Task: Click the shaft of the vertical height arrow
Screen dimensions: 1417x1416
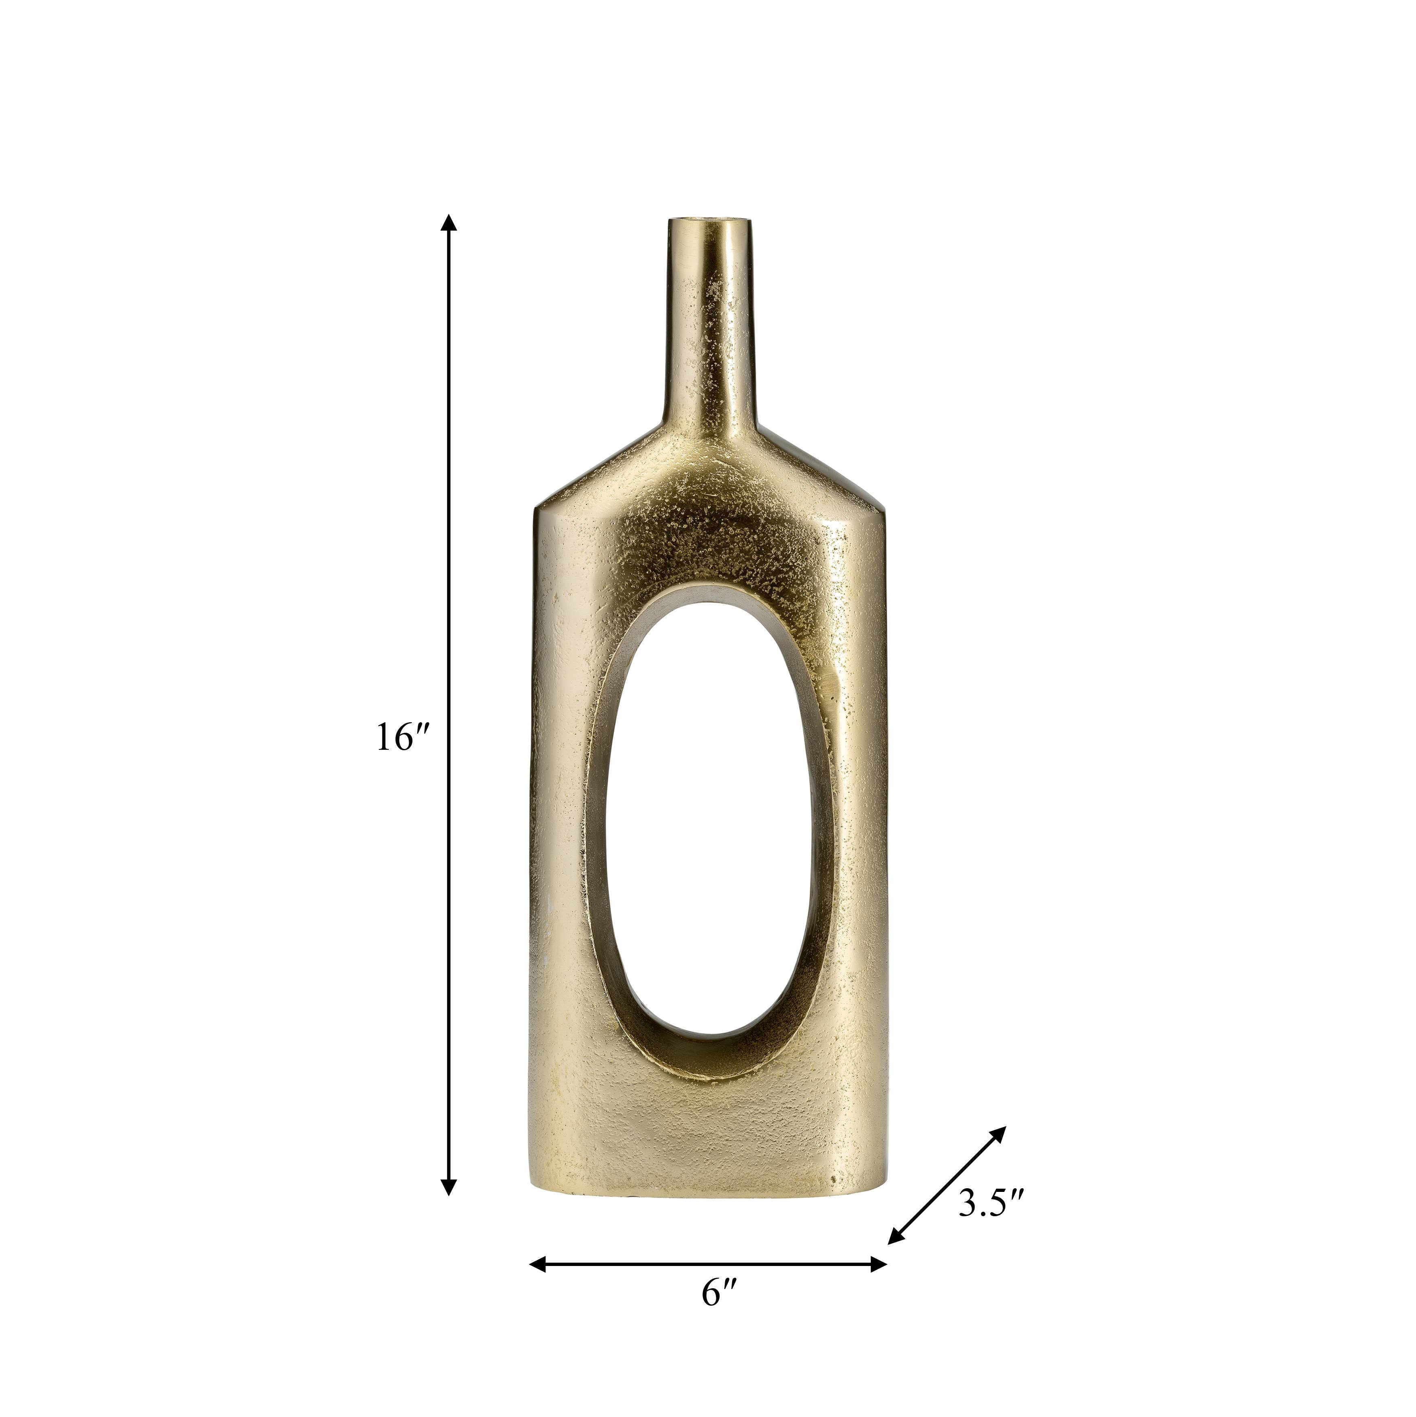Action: [x=449, y=587]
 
